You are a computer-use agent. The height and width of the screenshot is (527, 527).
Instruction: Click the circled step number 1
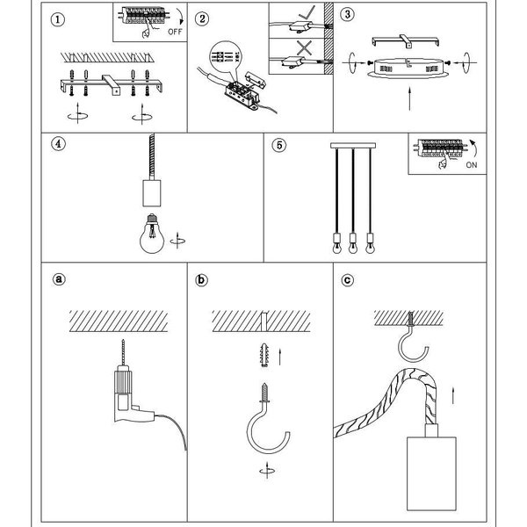click(58, 18)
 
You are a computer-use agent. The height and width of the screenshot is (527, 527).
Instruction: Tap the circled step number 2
click(203, 18)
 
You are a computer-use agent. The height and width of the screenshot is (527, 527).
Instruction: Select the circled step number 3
click(348, 16)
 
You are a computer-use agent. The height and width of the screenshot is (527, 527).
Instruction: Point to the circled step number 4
click(58, 146)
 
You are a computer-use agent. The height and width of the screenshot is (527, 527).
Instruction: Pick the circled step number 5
click(278, 146)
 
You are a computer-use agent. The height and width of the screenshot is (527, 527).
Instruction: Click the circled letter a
click(59, 280)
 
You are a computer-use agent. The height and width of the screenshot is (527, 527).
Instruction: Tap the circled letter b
click(203, 280)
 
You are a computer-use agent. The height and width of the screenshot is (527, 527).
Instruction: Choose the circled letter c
click(348, 280)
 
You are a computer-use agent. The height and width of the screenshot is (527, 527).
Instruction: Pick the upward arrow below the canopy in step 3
click(410, 97)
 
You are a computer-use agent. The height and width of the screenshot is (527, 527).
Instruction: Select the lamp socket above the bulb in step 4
click(151, 191)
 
